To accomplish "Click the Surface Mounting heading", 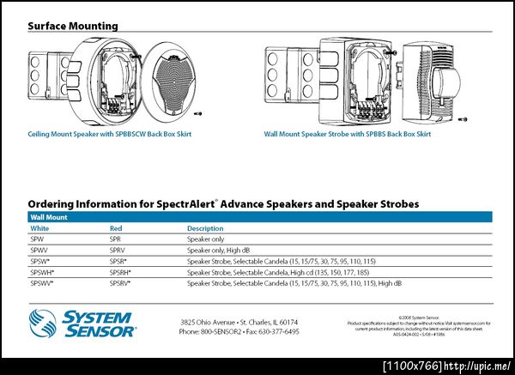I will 73,26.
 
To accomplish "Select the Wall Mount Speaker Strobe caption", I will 347,134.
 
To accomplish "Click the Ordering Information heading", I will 223,205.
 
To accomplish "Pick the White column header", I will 39,229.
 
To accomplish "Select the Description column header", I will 205,229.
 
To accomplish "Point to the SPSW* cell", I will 39,260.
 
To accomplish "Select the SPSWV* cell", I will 41,282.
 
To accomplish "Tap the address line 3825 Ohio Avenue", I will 239,322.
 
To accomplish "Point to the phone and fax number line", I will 239,331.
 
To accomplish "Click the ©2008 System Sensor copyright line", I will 415,317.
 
